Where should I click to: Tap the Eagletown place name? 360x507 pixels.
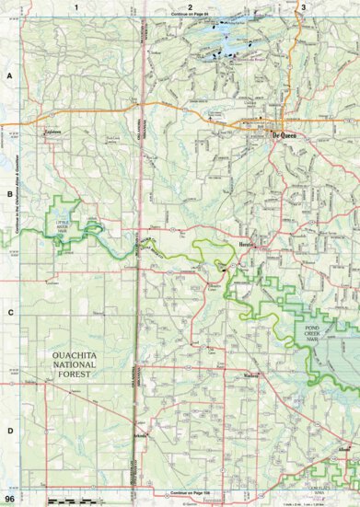point(57,131)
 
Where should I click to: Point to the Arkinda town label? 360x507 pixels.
point(138,433)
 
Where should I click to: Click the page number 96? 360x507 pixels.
point(8,499)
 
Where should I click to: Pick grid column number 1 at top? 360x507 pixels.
point(79,7)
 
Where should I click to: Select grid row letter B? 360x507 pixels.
point(9,195)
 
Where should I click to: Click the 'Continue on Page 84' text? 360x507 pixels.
point(189,17)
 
